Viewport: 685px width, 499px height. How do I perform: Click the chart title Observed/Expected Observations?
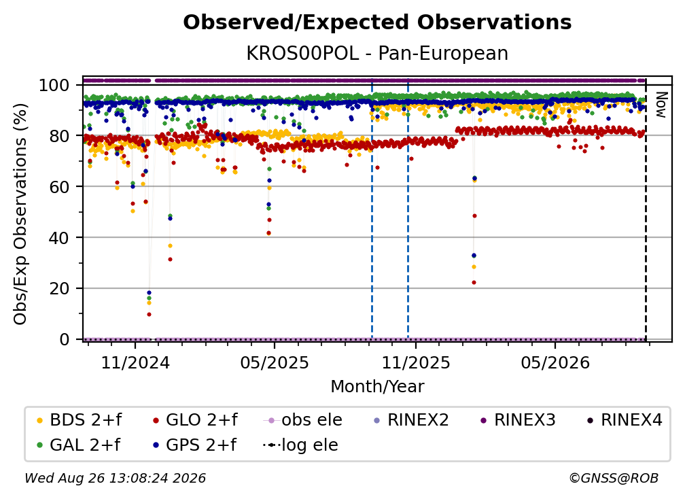377,22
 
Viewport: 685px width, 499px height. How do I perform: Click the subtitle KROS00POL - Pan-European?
377,54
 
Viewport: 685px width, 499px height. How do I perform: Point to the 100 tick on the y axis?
54,85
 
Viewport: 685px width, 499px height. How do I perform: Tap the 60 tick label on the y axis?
59,187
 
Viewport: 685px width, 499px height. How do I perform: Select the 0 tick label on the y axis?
65,339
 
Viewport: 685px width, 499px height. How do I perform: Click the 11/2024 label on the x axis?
135,362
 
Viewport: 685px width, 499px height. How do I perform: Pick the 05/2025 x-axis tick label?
275,362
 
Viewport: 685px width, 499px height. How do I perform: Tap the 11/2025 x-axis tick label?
416,362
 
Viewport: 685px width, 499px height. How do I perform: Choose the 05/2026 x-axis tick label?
555,362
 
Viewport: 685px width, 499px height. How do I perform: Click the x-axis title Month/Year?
377,387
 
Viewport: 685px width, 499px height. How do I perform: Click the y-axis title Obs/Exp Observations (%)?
20,213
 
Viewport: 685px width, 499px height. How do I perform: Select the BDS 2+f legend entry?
79,420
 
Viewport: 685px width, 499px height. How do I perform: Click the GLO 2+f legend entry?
195,420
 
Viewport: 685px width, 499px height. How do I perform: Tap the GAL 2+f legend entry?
78,445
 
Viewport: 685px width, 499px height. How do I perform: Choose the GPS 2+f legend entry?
194,445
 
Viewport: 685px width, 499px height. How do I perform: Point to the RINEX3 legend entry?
518,420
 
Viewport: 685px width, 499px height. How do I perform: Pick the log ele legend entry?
300,445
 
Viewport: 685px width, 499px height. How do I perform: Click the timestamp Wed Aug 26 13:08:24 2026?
116,479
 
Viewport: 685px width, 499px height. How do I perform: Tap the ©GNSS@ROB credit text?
614,479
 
